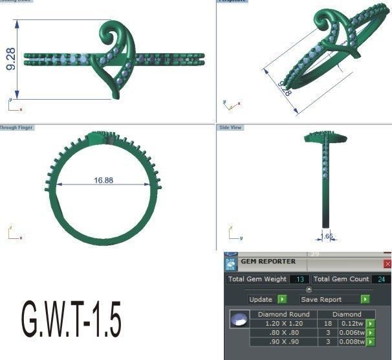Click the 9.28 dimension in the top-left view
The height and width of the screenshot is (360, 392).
(10, 58)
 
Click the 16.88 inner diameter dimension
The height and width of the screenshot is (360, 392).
(103, 181)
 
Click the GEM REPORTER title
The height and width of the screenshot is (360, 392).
(268, 262)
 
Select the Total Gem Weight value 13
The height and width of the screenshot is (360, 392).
(299, 279)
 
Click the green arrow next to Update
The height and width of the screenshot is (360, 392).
(281, 300)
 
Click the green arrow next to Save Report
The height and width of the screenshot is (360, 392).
(365, 300)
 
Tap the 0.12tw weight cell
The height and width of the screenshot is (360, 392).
(351, 323)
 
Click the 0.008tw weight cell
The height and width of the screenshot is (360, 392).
(349, 341)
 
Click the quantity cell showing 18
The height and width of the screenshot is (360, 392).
(327, 323)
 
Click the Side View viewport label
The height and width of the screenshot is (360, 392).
(230, 128)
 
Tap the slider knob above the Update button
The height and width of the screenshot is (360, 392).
(309, 289)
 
